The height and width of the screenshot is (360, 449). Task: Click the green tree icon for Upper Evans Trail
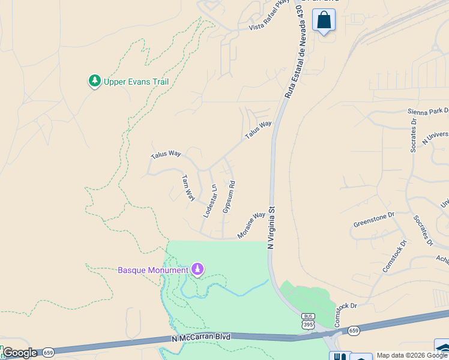[94, 81]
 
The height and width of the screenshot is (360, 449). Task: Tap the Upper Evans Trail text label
[136, 82]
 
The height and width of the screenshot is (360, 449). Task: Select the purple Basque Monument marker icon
[197, 269]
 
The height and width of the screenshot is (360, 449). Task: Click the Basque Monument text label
[152, 270]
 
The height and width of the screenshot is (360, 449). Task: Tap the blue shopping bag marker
[324, 20]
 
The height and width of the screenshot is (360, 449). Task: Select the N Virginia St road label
[271, 228]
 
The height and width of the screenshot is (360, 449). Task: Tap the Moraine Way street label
[251, 225]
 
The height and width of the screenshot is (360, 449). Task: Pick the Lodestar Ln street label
[210, 200]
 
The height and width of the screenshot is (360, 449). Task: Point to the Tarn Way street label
[188, 187]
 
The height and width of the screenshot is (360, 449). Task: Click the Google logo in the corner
[19, 353]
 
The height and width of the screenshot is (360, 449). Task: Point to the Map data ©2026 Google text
[412, 355]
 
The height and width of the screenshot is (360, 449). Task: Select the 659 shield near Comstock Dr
[354, 330]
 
